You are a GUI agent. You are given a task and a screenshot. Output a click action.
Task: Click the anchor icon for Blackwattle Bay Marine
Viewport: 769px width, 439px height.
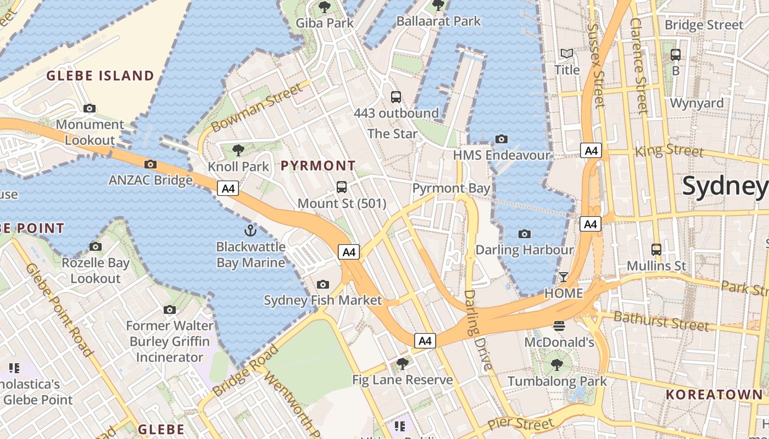250,230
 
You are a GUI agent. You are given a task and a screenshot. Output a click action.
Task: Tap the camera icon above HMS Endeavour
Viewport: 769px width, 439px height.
501,139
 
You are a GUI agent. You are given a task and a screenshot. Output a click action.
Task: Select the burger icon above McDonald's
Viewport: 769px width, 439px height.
559,326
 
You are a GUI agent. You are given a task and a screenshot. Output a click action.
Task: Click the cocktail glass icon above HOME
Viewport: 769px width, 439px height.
564,277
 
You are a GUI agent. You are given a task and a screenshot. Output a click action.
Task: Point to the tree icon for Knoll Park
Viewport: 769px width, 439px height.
238,150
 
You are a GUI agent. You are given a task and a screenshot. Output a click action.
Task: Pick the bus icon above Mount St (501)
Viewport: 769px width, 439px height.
342,187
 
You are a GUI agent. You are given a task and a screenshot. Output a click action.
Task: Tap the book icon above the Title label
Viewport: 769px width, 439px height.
567,54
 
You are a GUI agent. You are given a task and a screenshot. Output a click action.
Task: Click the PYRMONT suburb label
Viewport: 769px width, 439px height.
318,166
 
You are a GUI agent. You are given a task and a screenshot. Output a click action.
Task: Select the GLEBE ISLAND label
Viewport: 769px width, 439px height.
100,76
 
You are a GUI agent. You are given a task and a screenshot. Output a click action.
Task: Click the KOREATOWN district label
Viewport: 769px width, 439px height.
714,395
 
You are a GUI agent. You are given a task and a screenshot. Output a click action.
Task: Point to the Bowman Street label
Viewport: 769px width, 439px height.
257,108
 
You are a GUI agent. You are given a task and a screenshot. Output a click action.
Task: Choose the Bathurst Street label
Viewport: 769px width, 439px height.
661,320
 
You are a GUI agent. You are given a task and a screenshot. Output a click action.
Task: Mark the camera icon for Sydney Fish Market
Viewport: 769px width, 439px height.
323,284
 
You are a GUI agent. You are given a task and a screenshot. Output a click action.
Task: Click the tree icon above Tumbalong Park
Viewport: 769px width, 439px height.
557,364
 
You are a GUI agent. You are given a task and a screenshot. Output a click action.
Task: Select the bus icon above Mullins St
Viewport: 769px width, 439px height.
656,249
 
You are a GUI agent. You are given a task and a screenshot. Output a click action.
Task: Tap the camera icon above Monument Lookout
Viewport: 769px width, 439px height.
90,109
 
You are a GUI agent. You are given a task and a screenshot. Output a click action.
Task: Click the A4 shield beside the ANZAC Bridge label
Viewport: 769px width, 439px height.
227,189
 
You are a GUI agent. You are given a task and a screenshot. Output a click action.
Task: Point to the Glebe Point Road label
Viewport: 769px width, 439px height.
58,309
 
